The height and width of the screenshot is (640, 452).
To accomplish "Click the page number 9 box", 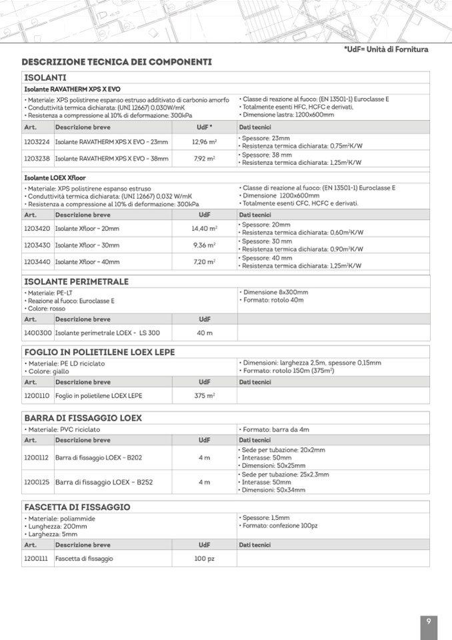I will click(429, 622).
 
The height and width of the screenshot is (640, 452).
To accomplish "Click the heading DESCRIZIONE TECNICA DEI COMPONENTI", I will click(117, 62).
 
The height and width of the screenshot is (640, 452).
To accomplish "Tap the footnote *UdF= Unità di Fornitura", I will click(386, 49).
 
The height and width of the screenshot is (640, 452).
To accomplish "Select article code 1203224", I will click(37, 141).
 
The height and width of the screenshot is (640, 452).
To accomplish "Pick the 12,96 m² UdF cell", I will click(203, 141).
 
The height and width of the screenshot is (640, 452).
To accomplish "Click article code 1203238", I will click(37, 159).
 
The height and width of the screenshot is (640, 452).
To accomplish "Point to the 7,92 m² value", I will click(203, 159).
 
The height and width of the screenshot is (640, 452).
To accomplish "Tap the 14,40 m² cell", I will click(204, 228).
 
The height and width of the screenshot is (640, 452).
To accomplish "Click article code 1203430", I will click(37, 246).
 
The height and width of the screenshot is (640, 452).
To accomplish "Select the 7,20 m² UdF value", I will click(204, 262).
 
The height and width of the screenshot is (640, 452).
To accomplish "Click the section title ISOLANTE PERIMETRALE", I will click(76, 282).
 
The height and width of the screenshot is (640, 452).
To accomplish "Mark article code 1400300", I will click(37, 332).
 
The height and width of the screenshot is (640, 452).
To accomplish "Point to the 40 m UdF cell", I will click(204, 332).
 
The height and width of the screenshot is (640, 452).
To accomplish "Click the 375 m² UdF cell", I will click(204, 396).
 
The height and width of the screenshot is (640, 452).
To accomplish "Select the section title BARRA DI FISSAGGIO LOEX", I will click(83, 418).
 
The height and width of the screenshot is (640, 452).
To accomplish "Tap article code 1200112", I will click(37, 458).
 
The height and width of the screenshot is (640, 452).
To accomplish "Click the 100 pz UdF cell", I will click(204, 559).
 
